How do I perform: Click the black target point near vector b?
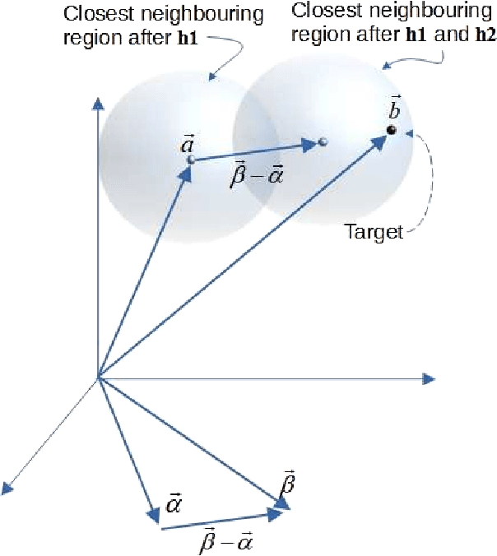(x=392, y=130)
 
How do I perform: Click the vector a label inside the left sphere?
(x=187, y=144)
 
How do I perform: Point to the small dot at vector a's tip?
(x=190, y=159)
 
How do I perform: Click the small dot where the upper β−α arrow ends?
(x=323, y=142)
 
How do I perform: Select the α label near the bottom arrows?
(x=175, y=502)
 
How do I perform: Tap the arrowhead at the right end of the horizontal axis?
(x=427, y=378)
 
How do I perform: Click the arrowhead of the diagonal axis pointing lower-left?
(x=8, y=489)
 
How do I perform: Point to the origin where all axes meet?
(x=99, y=378)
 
